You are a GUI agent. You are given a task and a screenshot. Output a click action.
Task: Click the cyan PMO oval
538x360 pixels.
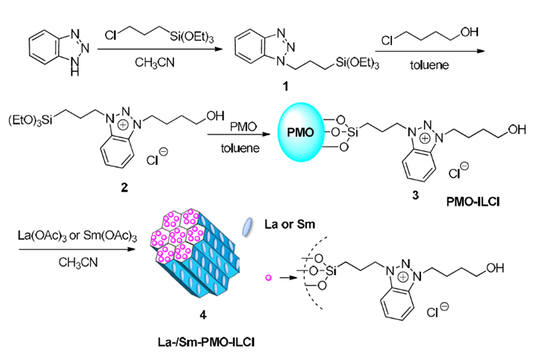pos(301,132)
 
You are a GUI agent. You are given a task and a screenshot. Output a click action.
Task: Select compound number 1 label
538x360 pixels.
pos(285,86)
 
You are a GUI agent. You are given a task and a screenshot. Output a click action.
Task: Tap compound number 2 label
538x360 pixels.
pos(124,187)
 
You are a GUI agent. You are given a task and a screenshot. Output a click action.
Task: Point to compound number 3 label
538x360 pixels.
pos(416,195)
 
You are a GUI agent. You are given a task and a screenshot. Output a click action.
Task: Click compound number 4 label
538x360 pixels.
pos(203,315)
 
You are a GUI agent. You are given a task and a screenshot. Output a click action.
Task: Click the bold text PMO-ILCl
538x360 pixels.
pos(473,202)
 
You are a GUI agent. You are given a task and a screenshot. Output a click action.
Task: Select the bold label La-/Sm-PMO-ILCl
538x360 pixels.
pos(206,342)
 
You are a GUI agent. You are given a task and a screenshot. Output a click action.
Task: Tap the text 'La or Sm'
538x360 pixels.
pos(290,224)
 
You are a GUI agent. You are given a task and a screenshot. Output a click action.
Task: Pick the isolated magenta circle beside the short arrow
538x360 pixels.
pos(269,278)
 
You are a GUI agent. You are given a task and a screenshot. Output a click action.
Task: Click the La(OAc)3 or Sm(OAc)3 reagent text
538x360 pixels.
pos(77,236)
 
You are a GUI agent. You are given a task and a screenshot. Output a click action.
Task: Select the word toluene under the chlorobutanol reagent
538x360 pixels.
pos(429,65)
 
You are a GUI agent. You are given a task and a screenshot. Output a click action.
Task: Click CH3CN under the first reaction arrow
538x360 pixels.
pos(155,63)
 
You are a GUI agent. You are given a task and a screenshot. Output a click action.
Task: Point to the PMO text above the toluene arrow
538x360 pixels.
pos(244,127)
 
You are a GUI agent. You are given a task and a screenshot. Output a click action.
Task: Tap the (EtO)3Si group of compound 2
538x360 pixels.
pos(31,120)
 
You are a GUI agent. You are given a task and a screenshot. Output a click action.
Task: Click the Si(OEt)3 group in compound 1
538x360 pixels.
pos(358,63)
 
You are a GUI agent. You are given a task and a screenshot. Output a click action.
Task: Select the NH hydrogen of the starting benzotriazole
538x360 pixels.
pos(75,71)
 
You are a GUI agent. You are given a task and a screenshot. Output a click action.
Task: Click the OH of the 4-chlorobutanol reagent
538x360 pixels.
pos(469,32)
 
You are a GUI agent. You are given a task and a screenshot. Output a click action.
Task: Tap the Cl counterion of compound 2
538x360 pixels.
pos(157,157)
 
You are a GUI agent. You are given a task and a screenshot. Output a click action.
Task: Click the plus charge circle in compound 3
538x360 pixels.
pos(425,139)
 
